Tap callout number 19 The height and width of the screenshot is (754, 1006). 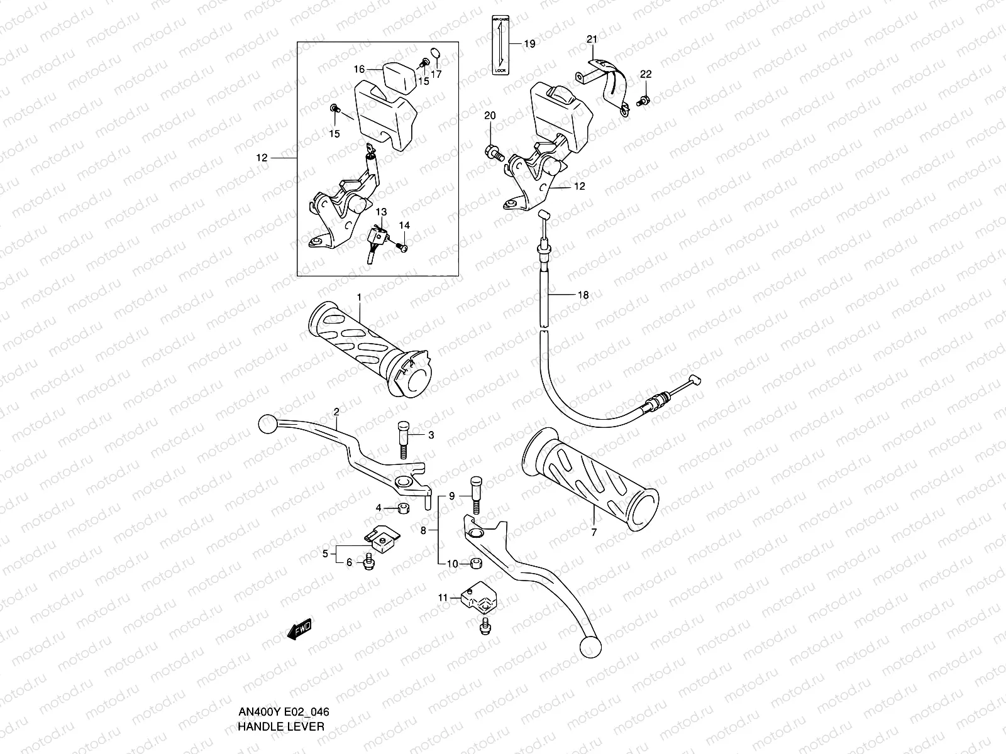[x=529, y=44]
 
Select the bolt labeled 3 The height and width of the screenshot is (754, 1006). [x=402, y=440]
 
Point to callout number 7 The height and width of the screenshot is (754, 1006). [x=594, y=532]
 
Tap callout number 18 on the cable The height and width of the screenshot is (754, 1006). [x=583, y=295]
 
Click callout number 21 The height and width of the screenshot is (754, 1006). [x=591, y=39]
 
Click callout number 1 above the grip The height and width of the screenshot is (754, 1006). [x=359, y=296]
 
